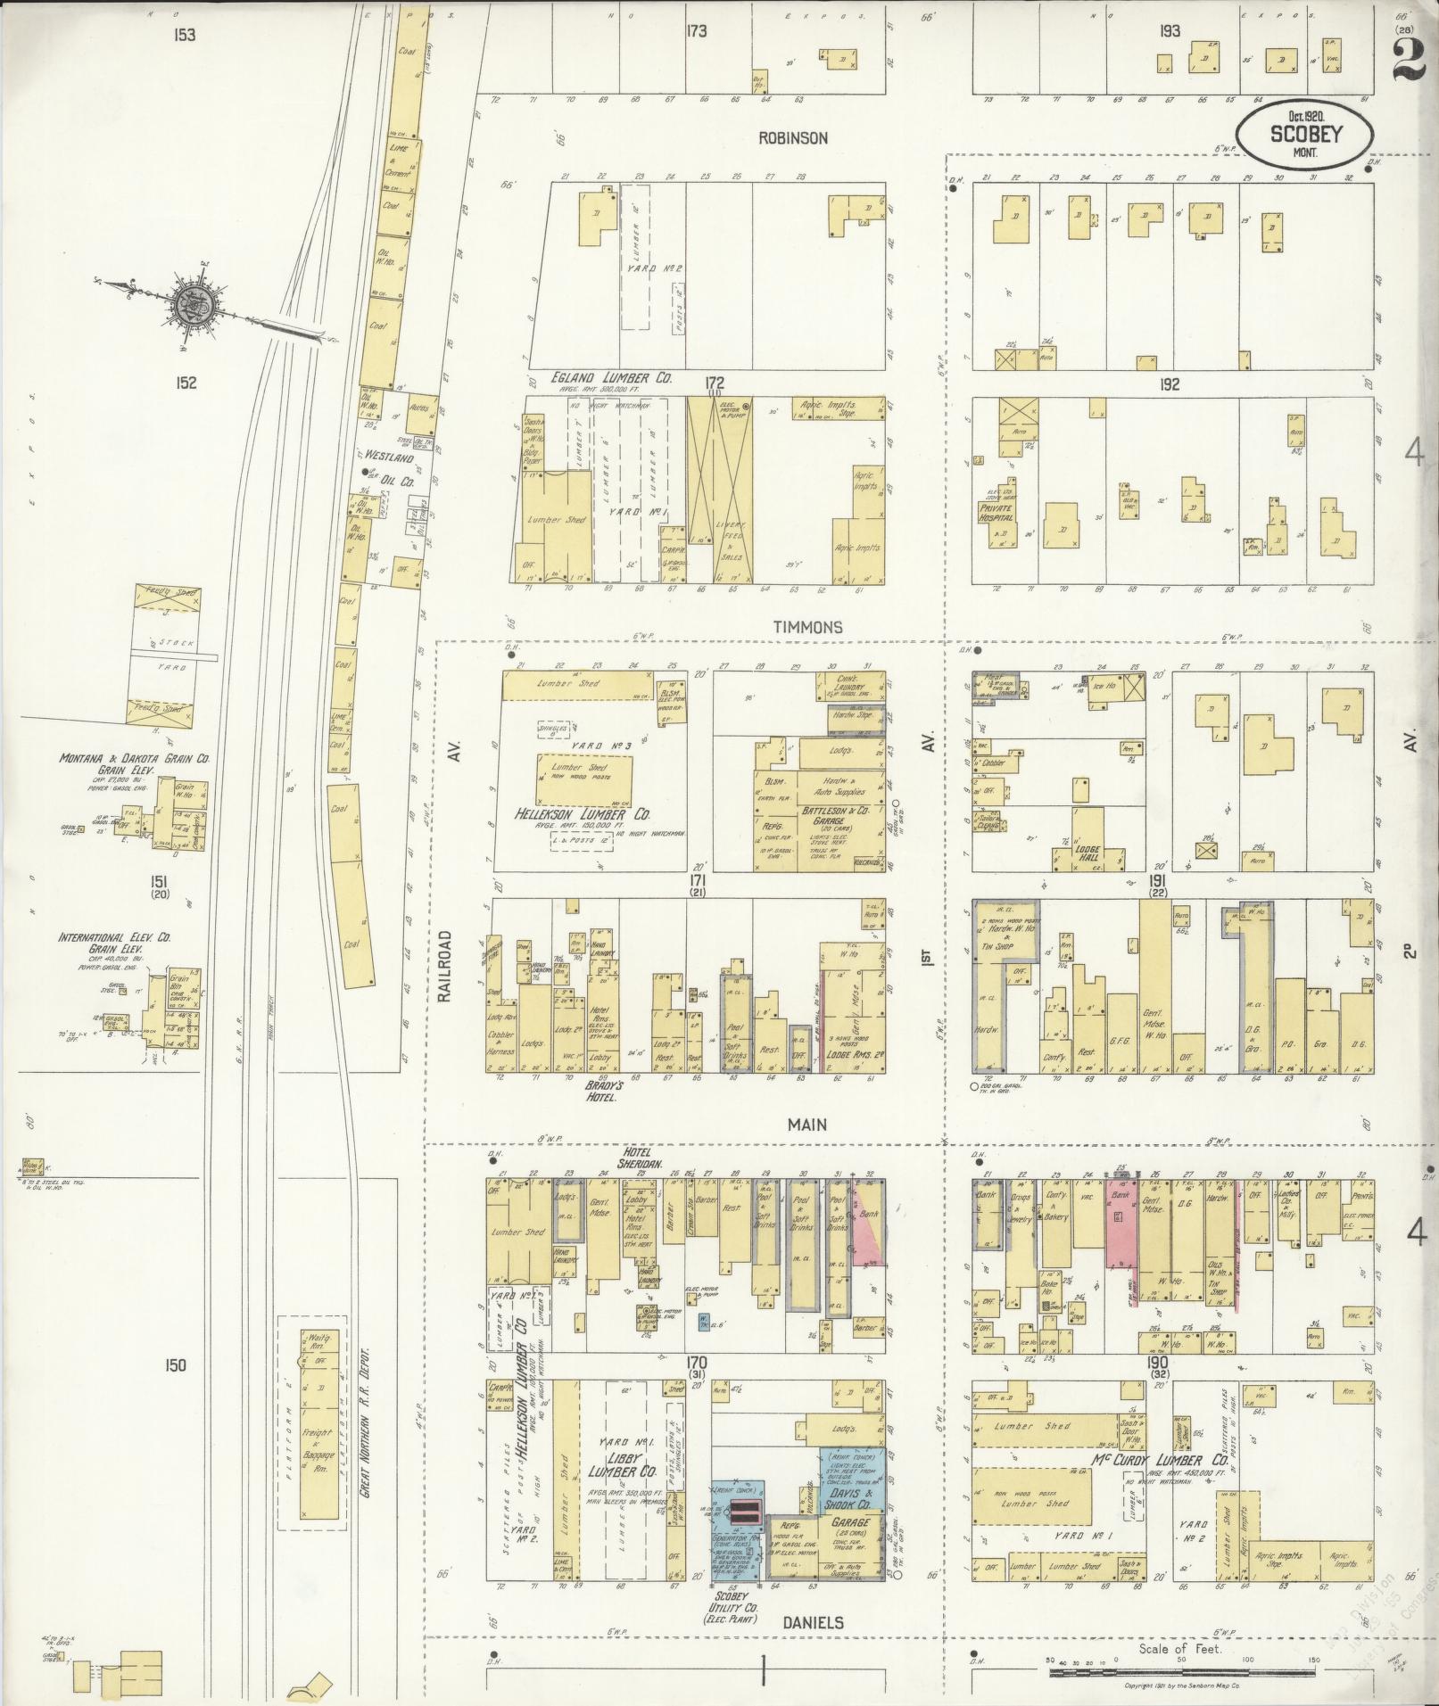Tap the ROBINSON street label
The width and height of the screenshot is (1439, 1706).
793,138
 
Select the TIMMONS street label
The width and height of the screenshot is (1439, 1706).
809,627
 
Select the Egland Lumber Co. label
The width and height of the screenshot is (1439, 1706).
604,379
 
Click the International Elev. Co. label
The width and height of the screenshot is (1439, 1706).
115,938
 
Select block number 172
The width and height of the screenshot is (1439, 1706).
714,383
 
